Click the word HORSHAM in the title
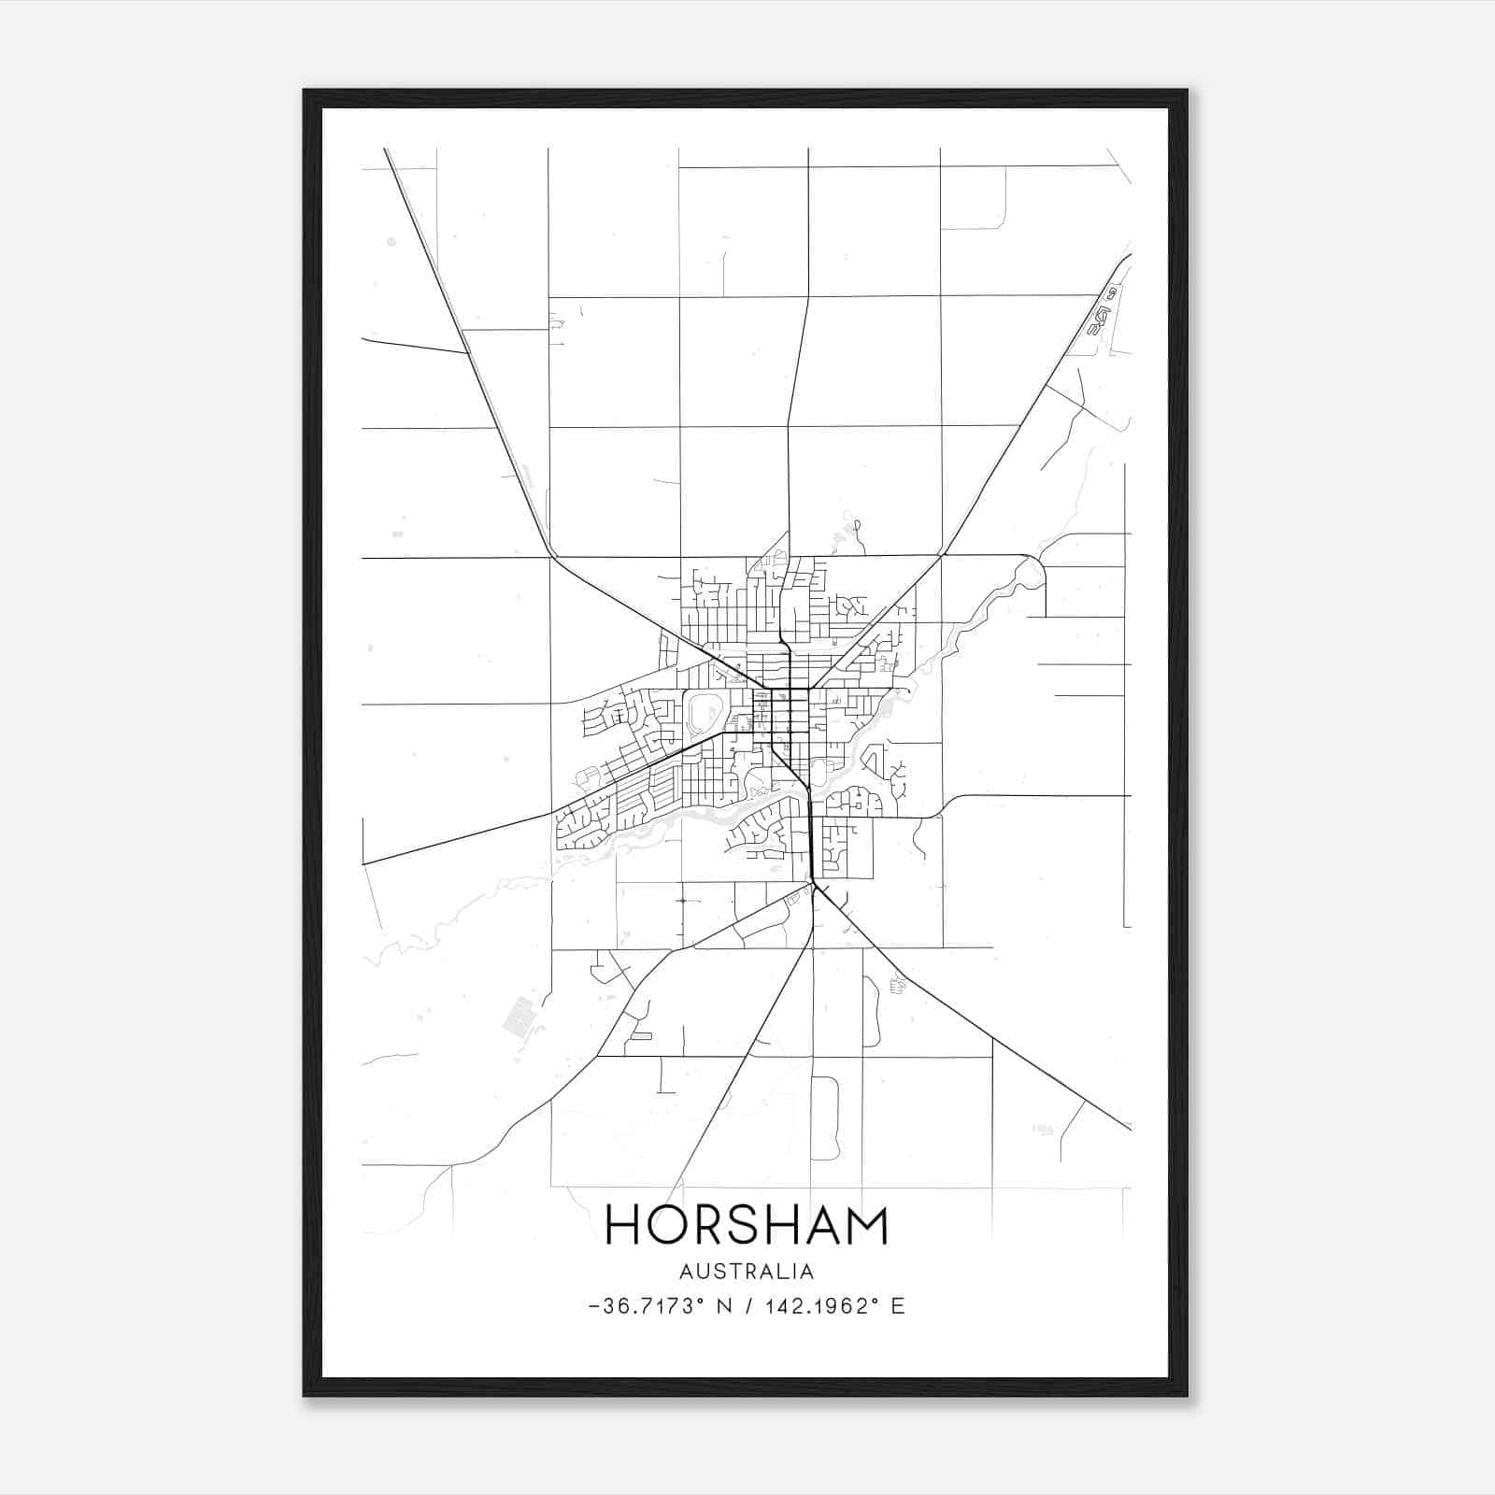[747, 1225]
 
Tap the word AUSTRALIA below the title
[747, 1271]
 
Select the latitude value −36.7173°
[647, 1306]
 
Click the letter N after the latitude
[725, 1306]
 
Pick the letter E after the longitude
[898, 1306]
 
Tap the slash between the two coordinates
[748, 1306]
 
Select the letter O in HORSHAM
[667, 1225]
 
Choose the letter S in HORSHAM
[742, 1225]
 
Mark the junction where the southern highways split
[816, 886]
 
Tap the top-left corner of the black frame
[306, 92]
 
